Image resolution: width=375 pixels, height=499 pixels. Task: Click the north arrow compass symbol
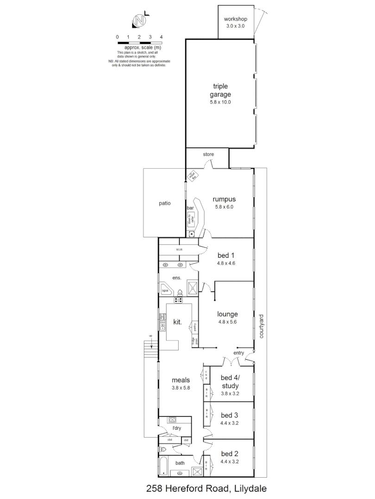(x=139, y=21)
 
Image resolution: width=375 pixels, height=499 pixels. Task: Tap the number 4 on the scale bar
(x=161, y=37)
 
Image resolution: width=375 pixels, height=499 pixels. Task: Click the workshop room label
(x=236, y=19)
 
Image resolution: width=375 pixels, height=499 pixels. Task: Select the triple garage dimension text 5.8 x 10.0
(x=221, y=102)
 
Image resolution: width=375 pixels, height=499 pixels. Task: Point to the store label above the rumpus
(x=208, y=154)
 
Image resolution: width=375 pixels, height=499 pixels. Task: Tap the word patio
(x=165, y=202)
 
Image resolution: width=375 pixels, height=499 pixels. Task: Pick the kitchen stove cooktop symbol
(x=178, y=300)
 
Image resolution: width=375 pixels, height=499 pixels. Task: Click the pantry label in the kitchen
(x=195, y=327)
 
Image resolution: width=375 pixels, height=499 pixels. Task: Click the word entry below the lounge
(x=238, y=353)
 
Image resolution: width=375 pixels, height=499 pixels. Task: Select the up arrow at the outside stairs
(x=150, y=336)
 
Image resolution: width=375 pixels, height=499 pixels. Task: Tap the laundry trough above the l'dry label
(x=172, y=420)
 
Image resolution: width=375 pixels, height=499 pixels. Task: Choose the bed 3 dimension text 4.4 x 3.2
(x=230, y=423)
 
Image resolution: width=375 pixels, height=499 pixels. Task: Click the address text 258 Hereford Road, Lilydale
(x=206, y=488)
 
